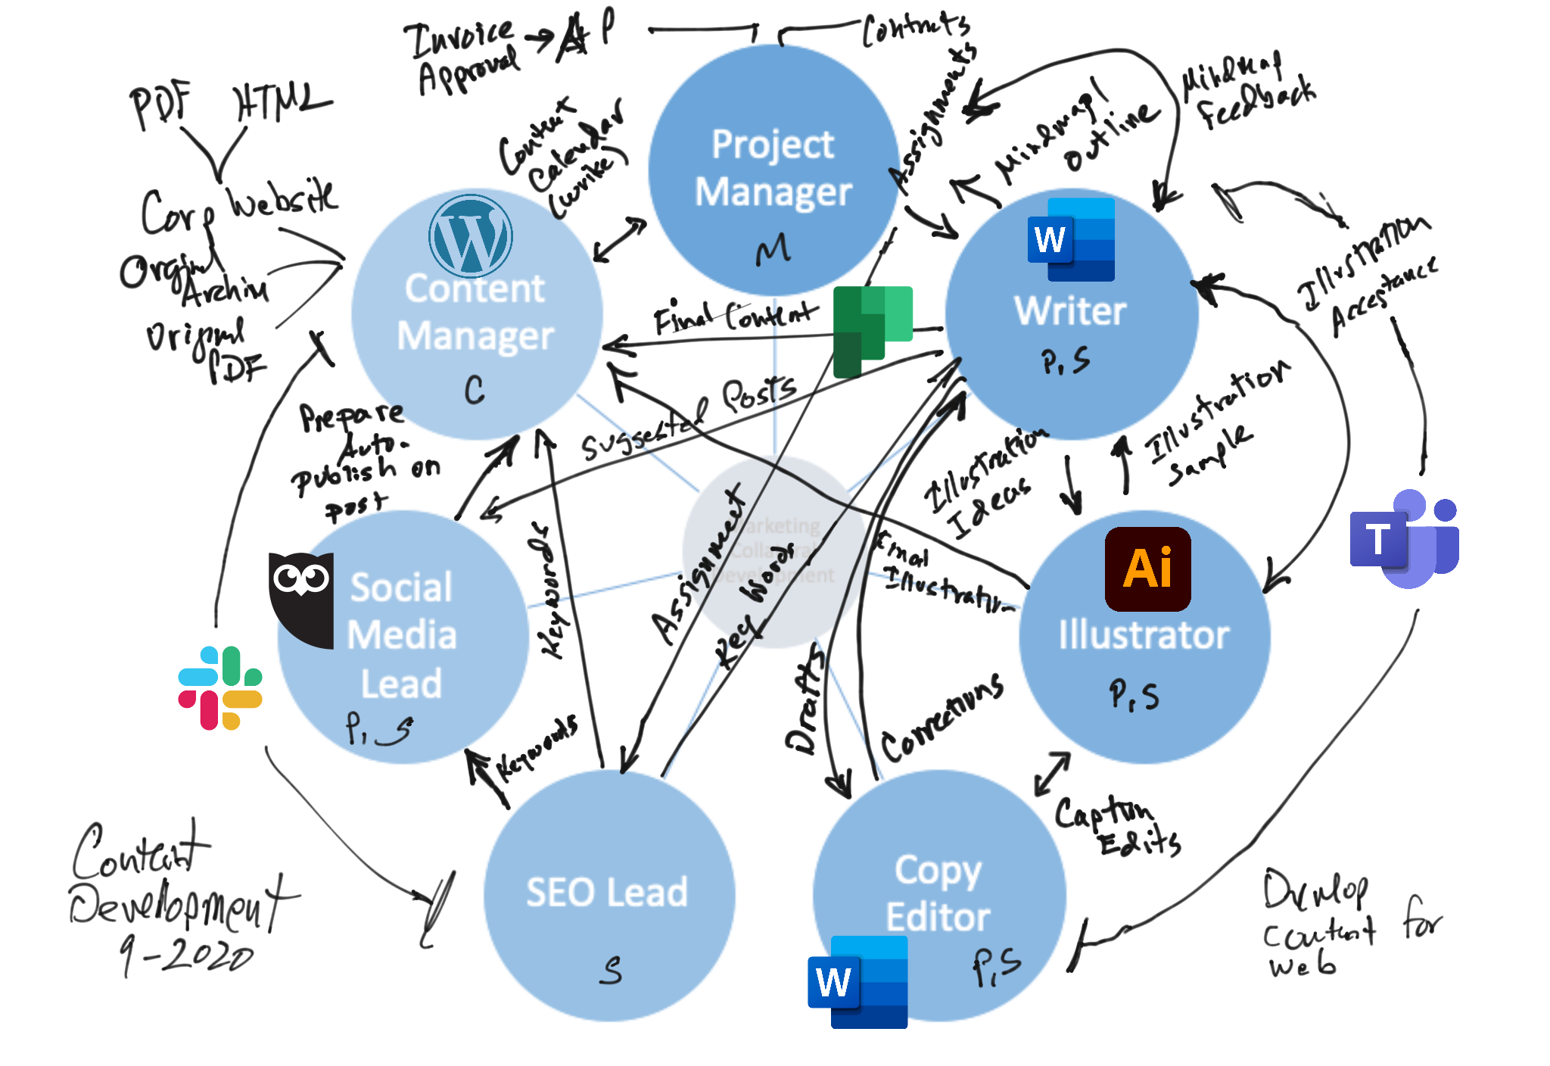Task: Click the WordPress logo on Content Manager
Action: (x=470, y=236)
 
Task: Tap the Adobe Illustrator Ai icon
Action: (x=1147, y=569)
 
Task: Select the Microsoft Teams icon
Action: (x=1405, y=539)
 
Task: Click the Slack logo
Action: (x=220, y=687)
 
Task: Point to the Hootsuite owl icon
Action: (x=301, y=598)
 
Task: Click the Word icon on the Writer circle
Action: (x=1071, y=240)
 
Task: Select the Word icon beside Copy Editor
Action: (x=857, y=982)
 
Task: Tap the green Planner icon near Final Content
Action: (x=872, y=330)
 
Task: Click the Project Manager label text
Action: (x=773, y=168)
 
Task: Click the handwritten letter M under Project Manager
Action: (x=773, y=249)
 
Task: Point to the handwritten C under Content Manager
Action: (x=475, y=390)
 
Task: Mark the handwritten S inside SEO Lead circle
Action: (x=611, y=970)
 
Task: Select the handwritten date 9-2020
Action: (x=186, y=955)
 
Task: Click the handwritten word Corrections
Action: (x=942, y=718)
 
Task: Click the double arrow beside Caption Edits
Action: (x=1052, y=773)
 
